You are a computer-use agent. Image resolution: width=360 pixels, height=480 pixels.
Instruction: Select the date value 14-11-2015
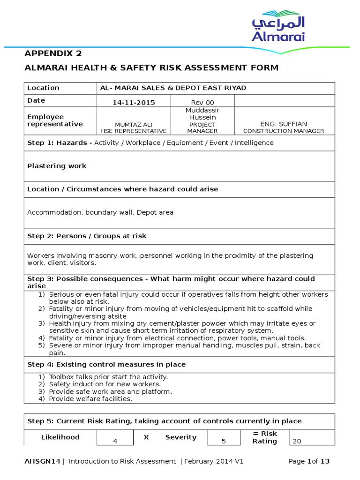click(134, 102)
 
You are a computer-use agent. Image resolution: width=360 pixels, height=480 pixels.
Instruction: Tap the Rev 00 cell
click(202, 102)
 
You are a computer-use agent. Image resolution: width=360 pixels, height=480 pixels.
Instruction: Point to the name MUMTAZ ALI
click(134, 124)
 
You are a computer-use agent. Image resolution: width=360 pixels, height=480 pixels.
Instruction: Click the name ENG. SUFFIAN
click(284, 124)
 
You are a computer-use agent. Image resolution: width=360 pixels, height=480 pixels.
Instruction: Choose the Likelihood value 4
click(115, 441)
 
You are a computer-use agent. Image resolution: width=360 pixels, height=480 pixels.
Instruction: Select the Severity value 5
click(224, 441)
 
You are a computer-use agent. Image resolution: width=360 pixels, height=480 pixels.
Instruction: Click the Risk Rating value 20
click(297, 441)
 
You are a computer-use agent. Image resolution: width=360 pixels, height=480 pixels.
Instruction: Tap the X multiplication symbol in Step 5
click(146, 437)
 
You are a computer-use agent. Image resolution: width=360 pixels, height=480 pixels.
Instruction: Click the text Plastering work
click(57, 166)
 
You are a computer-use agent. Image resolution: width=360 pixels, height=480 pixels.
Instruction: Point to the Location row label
click(43, 88)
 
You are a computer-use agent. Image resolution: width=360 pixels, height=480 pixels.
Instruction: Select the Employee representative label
click(55, 120)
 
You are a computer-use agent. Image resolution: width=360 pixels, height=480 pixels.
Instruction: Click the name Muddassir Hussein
click(202, 113)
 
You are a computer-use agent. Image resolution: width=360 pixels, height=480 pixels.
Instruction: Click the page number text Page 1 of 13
click(309, 461)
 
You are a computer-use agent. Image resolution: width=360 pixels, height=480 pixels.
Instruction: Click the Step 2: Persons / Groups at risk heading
click(87, 236)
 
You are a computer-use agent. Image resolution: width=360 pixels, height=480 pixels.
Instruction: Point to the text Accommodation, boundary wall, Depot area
click(100, 212)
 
